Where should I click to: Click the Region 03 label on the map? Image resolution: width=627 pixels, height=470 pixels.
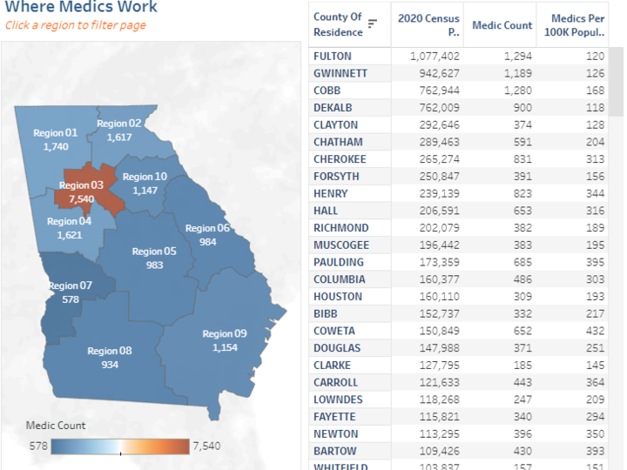click(x=81, y=185)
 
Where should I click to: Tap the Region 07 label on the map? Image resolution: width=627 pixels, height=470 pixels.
click(x=70, y=285)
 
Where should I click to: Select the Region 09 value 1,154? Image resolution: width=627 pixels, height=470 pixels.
click(x=225, y=347)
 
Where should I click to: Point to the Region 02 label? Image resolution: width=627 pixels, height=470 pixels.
click(x=119, y=124)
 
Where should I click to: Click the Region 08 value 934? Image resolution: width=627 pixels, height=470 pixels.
click(x=110, y=365)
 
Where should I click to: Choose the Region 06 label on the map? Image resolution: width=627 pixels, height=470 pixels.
click(x=207, y=228)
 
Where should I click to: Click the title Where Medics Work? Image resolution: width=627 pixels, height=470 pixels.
click(x=82, y=8)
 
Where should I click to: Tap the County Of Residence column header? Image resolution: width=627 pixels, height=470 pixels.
click(x=337, y=24)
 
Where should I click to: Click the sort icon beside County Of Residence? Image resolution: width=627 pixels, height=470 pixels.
click(x=373, y=23)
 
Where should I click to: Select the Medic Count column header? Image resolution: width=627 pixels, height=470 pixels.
click(x=502, y=25)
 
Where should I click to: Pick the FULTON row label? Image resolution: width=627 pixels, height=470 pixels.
click(x=333, y=56)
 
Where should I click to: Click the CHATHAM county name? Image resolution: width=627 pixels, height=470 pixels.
click(x=338, y=142)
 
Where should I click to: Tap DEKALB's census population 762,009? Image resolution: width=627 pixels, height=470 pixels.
click(x=435, y=108)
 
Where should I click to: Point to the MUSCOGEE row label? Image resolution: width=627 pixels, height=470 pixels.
click(x=341, y=245)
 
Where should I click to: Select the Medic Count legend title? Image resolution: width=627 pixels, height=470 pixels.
click(x=56, y=426)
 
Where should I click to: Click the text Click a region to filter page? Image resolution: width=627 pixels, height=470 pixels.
click(x=76, y=25)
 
